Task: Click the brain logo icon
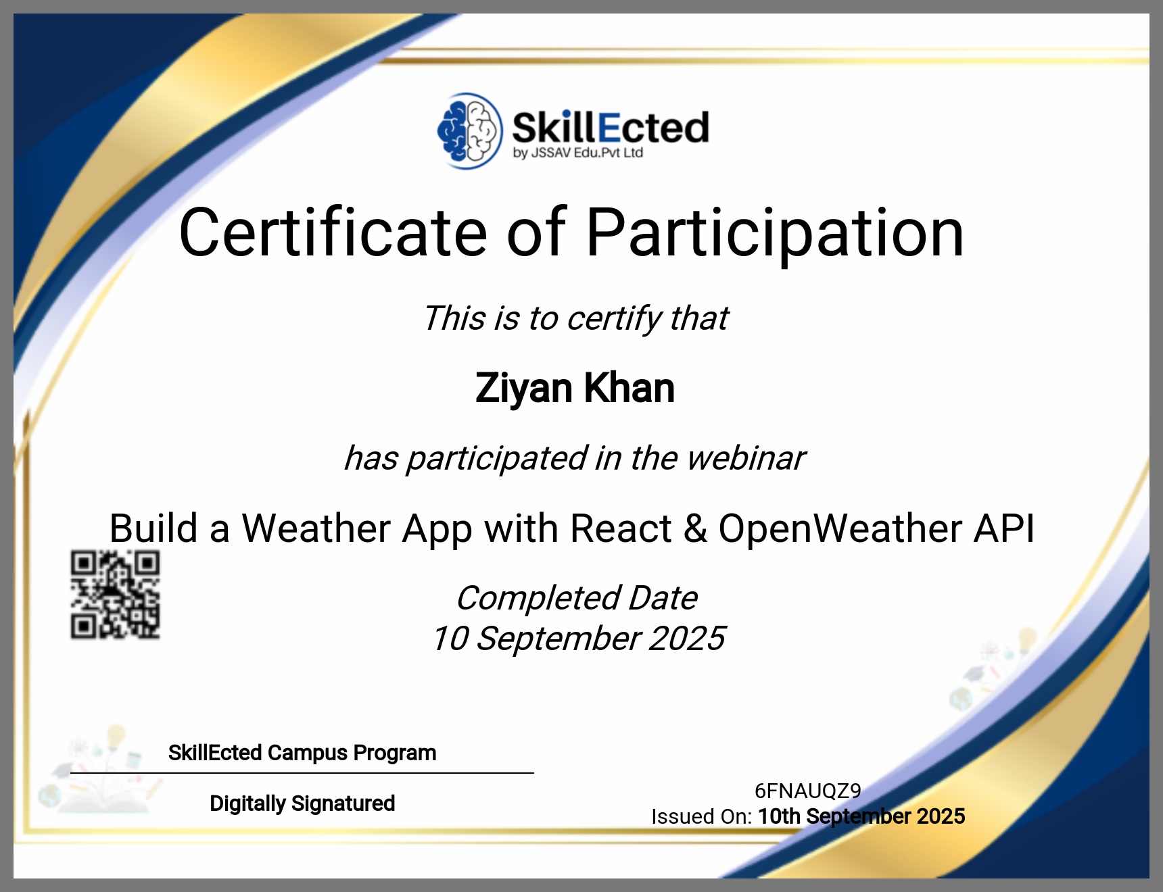tap(470, 131)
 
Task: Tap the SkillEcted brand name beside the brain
tap(611, 128)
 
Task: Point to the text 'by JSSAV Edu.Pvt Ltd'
tap(577, 153)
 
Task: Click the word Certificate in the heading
tap(333, 232)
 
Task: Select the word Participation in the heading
tap(775, 234)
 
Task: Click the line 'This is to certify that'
tap(576, 318)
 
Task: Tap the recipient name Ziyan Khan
tap(575, 389)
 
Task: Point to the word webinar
tap(746, 458)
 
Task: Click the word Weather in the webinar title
tap(316, 528)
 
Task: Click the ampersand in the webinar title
tap(696, 528)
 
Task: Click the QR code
tap(116, 595)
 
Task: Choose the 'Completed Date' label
tap(577, 598)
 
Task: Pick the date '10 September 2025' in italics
tap(579, 639)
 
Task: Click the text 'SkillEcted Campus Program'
tap(302, 753)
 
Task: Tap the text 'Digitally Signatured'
tap(302, 803)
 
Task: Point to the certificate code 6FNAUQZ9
tap(808, 791)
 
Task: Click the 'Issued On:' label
tap(702, 816)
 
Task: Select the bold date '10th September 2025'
tap(861, 816)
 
